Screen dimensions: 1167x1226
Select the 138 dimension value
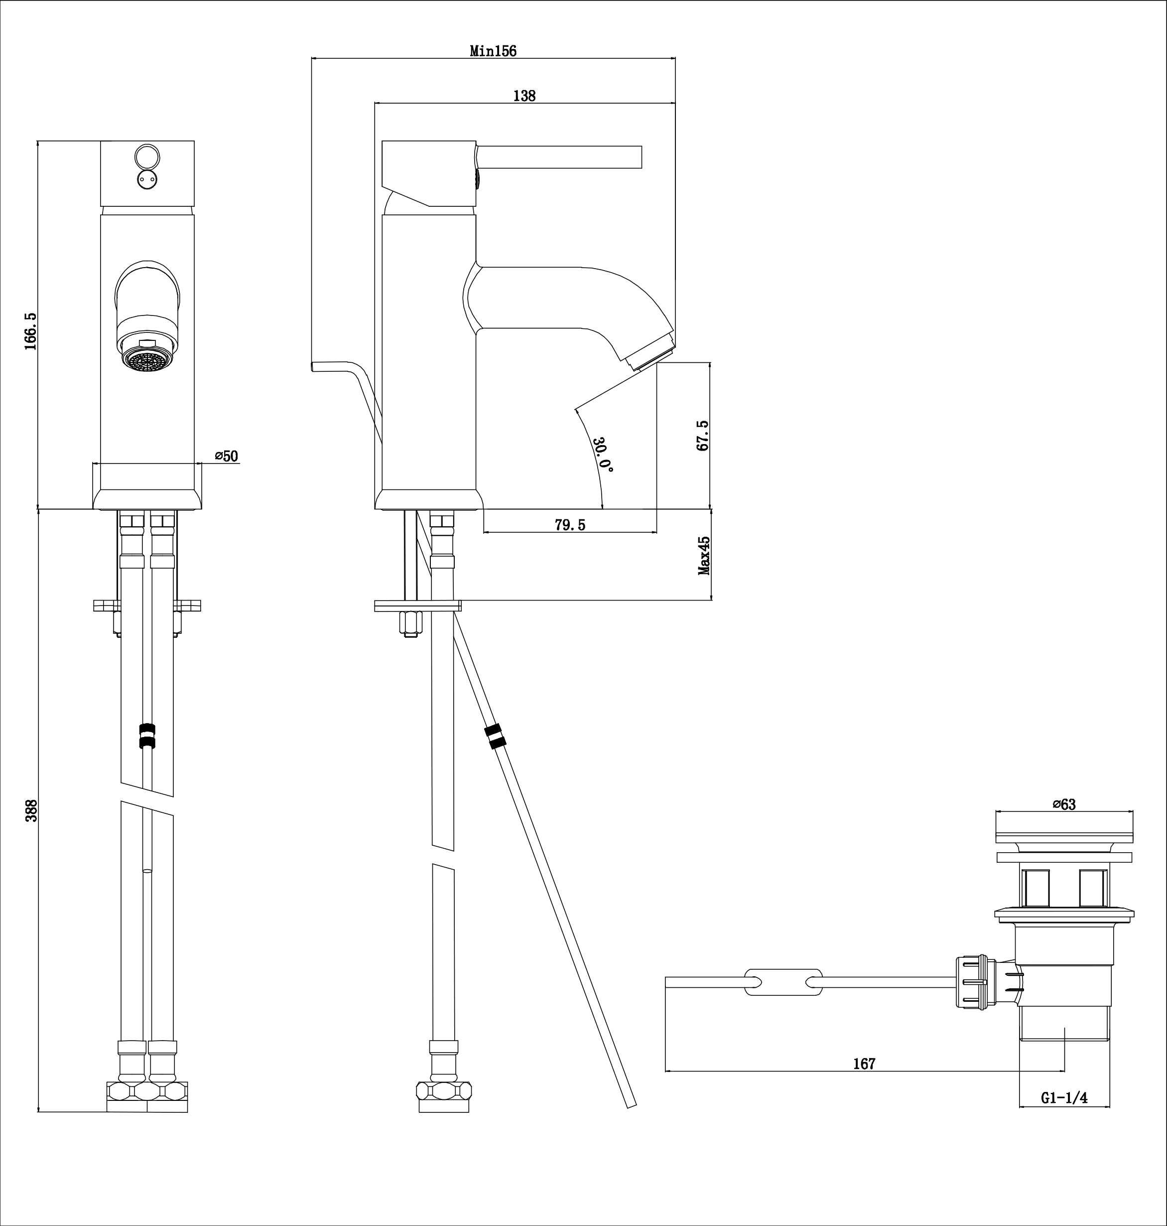pos(524,96)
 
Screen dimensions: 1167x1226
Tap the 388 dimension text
pos(31,810)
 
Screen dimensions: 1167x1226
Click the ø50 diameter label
pos(227,456)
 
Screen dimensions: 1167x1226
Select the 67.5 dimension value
pos(703,436)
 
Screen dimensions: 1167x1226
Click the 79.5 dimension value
pos(570,525)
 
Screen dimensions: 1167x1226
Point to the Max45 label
pos(704,556)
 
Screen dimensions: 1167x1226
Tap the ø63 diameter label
pos(1064,804)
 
